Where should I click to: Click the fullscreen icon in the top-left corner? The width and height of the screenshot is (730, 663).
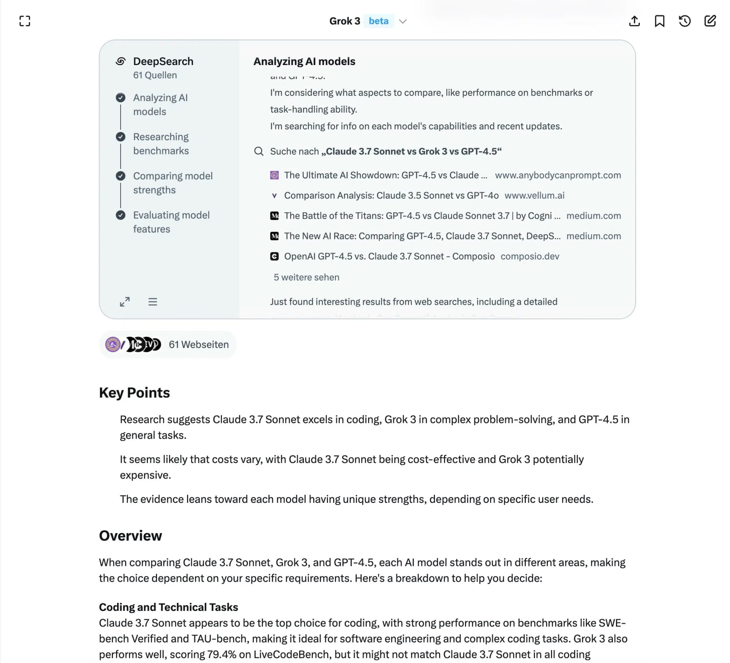(x=25, y=21)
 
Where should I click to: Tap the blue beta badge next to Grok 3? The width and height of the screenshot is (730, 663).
(x=378, y=21)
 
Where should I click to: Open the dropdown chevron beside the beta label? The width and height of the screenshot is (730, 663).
(x=403, y=21)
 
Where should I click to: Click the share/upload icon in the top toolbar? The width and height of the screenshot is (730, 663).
(x=634, y=21)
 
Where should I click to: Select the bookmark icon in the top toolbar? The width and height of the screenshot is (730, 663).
(x=659, y=21)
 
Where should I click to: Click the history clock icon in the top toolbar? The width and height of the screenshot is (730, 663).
(x=684, y=21)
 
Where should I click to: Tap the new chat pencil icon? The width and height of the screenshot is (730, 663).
(x=710, y=21)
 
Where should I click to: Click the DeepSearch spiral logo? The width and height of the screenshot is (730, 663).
(x=121, y=61)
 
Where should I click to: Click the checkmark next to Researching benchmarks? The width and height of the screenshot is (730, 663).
(x=121, y=137)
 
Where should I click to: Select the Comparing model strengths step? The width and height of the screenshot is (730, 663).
(x=173, y=183)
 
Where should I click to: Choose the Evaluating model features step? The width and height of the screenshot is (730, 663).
(x=171, y=222)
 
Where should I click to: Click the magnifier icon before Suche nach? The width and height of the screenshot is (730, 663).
(x=259, y=151)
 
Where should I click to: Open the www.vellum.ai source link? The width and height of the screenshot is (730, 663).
(x=534, y=196)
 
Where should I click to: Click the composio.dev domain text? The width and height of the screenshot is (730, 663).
(x=530, y=256)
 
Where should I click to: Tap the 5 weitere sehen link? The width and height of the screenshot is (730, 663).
(x=306, y=277)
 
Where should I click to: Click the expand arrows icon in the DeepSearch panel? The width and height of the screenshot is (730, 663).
(x=125, y=302)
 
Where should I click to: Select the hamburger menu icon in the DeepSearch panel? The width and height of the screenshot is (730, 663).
(x=152, y=302)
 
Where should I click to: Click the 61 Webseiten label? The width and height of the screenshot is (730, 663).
(x=198, y=344)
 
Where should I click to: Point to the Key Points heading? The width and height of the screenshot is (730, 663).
(x=134, y=393)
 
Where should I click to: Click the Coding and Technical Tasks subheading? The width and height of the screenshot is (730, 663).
(x=168, y=607)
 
